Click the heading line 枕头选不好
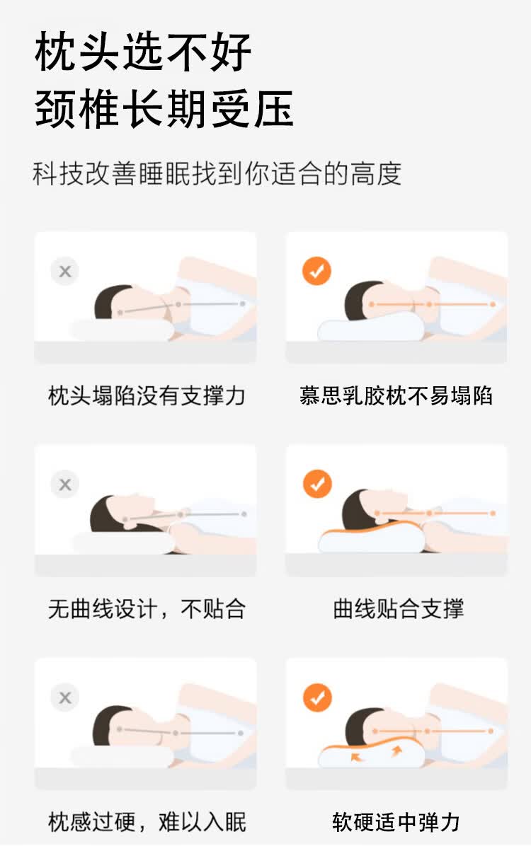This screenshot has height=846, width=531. (x=143, y=52)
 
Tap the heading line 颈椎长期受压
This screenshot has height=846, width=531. (x=165, y=109)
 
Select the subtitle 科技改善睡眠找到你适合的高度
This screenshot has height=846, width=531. (x=217, y=174)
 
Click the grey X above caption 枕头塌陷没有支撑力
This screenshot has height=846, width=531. (x=65, y=271)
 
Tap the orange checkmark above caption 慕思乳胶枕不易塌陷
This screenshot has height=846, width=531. (x=316, y=271)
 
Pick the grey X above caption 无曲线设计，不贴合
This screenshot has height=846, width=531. (x=65, y=484)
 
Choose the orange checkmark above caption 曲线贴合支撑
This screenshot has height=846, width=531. (x=317, y=484)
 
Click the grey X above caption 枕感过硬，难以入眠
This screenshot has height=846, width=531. (x=65, y=697)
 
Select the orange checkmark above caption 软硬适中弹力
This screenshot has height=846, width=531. (x=317, y=697)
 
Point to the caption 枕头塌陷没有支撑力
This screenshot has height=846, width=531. (x=147, y=395)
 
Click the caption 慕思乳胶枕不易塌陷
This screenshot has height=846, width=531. (x=396, y=395)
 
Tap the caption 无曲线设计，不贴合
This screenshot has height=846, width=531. (x=147, y=608)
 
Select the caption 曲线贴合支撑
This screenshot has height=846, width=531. (x=398, y=608)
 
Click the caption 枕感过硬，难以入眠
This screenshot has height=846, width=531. (x=147, y=822)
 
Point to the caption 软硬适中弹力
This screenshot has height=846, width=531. (x=396, y=822)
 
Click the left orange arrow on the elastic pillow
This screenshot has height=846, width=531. (x=356, y=757)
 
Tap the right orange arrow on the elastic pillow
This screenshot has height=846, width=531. (x=396, y=751)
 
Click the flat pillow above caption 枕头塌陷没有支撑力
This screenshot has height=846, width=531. (x=122, y=330)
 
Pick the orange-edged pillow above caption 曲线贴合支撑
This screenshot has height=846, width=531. (x=372, y=538)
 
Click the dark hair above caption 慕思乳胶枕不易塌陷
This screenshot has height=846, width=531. (x=359, y=301)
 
